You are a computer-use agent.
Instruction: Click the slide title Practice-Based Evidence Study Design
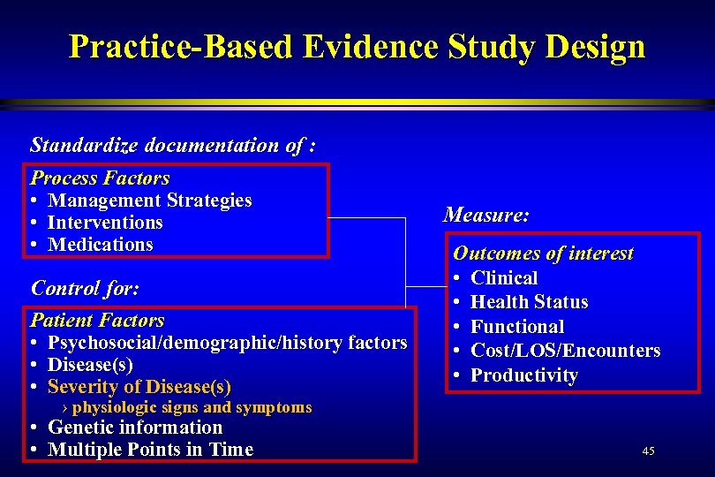pyautogui.click(x=357, y=46)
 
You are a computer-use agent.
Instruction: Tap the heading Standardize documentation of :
pyautogui.click(x=173, y=144)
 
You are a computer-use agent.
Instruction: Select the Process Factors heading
pyautogui.click(x=100, y=178)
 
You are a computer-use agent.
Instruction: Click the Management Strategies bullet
pyautogui.click(x=149, y=201)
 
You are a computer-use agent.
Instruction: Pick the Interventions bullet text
pyautogui.click(x=105, y=223)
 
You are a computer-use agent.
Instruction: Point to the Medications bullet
pyautogui.click(x=100, y=245)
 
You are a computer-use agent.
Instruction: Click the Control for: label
pyautogui.click(x=85, y=288)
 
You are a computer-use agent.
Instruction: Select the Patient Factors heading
pyautogui.click(x=97, y=320)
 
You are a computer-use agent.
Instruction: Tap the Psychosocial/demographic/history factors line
pyautogui.click(x=227, y=343)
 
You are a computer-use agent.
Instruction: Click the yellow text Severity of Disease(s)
pyautogui.click(x=139, y=387)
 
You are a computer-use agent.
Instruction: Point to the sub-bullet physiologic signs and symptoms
pyautogui.click(x=192, y=407)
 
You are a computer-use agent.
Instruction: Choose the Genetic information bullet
pyautogui.click(x=134, y=428)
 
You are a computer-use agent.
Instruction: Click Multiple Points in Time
pyautogui.click(x=150, y=450)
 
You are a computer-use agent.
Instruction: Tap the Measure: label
pyautogui.click(x=486, y=215)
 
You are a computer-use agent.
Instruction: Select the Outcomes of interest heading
pyautogui.click(x=543, y=254)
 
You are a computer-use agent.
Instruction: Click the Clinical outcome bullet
pyautogui.click(x=504, y=278)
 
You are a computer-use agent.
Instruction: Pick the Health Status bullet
pyautogui.click(x=529, y=302)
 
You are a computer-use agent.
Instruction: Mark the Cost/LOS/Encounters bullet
pyautogui.click(x=565, y=351)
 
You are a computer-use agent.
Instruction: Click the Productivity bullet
pyautogui.click(x=523, y=375)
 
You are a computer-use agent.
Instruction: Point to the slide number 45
pyautogui.click(x=649, y=451)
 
